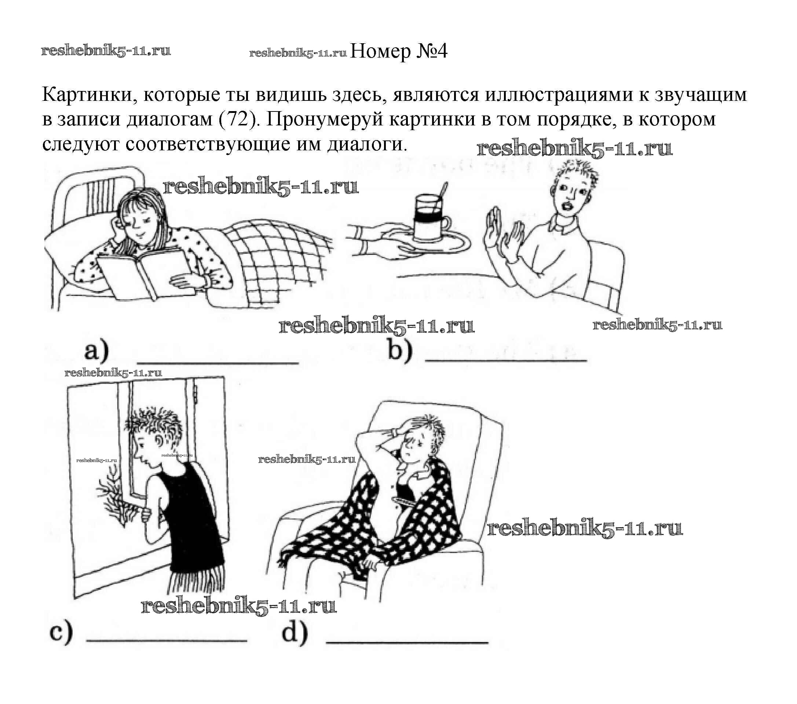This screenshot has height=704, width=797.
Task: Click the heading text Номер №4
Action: click(399, 51)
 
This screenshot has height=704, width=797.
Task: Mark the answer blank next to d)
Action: click(407, 642)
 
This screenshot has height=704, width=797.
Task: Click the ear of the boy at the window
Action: click(160, 441)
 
